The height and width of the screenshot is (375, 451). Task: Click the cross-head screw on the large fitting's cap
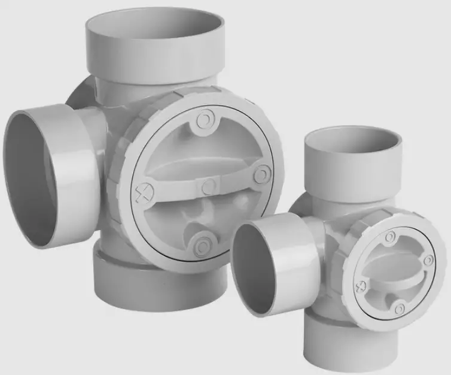click(142, 193)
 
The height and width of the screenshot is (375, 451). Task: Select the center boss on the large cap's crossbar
click(208, 187)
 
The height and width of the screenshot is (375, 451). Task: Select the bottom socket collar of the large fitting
click(159, 282)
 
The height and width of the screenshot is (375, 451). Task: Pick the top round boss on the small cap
click(390, 238)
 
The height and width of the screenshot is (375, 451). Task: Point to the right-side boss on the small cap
click(427, 261)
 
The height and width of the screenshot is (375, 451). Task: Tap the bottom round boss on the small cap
click(400, 308)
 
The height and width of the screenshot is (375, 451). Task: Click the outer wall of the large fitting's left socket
click(78, 174)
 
